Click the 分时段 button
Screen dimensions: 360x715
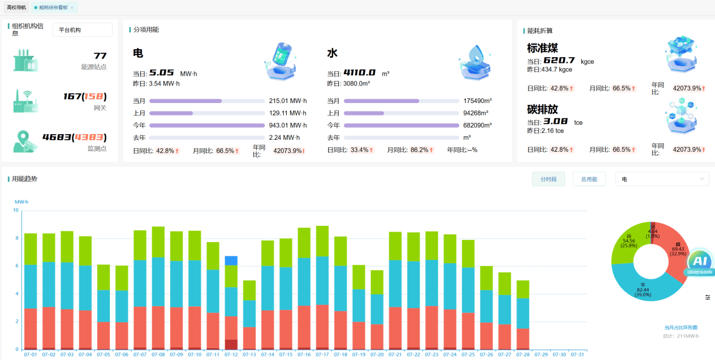(x=548, y=179)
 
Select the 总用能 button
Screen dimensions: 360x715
(x=589, y=179)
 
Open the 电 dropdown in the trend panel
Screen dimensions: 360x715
(x=662, y=179)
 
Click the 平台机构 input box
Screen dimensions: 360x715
(x=82, y=30)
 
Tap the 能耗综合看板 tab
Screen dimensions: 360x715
(x=54, y=7)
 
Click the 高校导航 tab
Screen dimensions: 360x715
(x=16, y=7)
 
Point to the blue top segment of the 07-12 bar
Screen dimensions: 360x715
(x=231, y=260)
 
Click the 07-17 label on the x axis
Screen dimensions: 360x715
(x=322, y=354)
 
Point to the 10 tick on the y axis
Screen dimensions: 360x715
(x=16, y=210)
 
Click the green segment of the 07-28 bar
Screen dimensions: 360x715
(x=523, y=289)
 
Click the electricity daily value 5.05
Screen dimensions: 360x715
(x=161, y=73)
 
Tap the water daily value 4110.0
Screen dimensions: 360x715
(x=359, y=73)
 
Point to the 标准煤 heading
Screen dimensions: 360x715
(x=542, y=48)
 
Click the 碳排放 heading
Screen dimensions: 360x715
(x=542, y=110)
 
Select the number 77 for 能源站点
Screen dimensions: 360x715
(x=100, y=55)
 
